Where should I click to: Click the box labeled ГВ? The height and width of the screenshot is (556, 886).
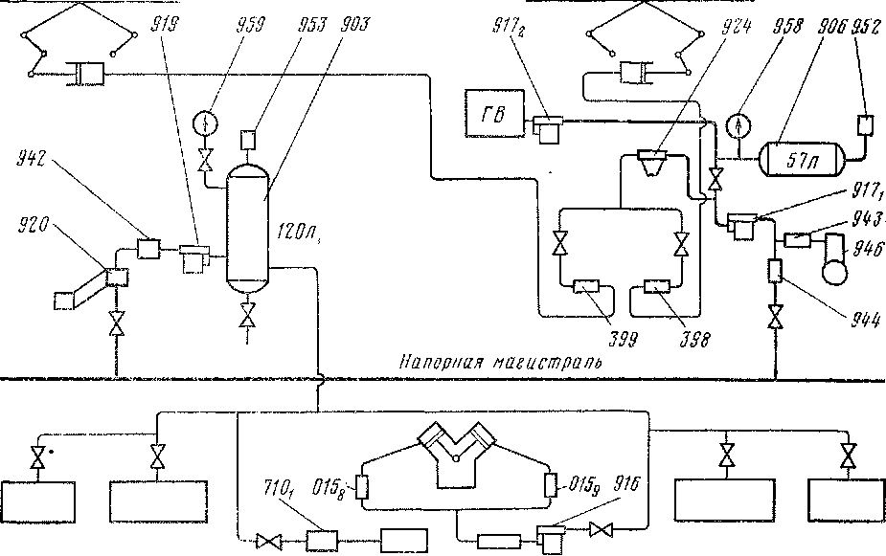[494, 116]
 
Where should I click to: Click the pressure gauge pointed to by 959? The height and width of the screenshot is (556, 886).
[202, 124]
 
